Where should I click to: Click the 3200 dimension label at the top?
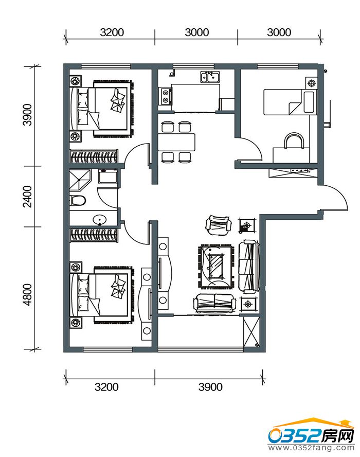[112, 32]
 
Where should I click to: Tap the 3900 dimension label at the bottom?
[210, 387]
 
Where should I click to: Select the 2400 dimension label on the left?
[28, 196]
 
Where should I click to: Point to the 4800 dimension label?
[28, 294]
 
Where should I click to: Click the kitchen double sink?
[210, 77]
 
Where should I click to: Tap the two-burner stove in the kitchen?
[166, 96]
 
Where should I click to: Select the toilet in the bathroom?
[78, 201]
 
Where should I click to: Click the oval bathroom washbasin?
[100, 219]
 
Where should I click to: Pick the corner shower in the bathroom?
[80, 180]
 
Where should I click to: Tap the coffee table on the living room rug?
[216, 267]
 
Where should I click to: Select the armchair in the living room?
[219, 225]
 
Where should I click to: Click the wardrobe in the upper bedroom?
[94, 156]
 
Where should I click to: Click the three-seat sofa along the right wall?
[249, 267]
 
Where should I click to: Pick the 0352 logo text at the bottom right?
[295, 436]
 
